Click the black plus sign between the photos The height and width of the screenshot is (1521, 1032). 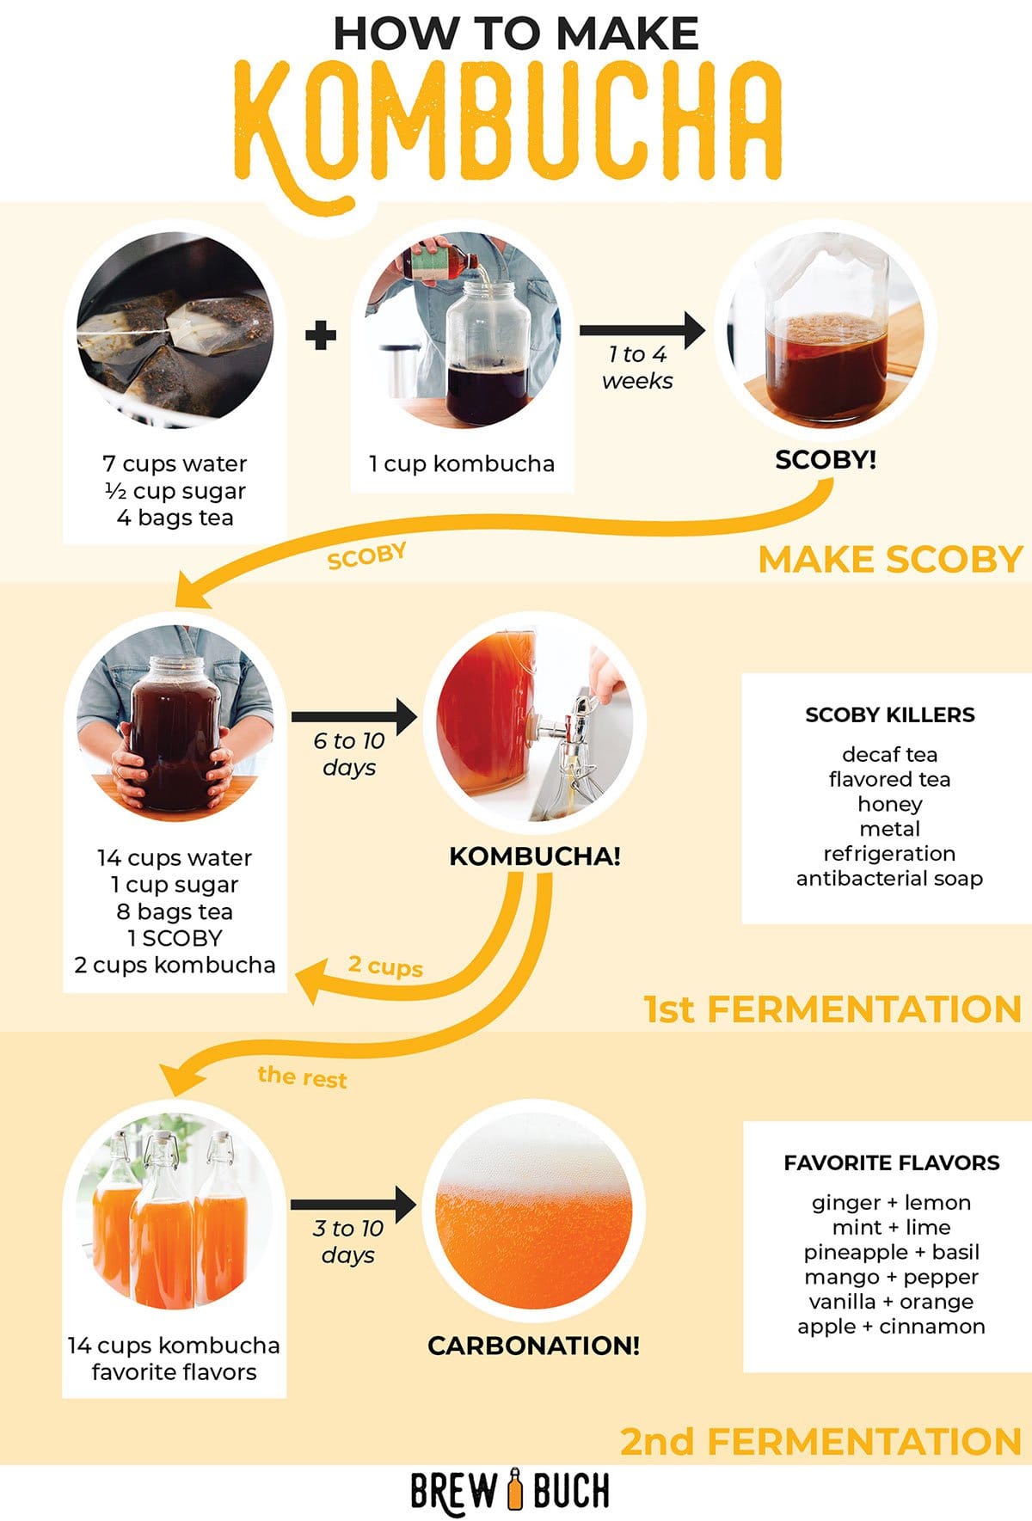coord(321,334)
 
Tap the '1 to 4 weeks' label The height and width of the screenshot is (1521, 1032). coord(637,367)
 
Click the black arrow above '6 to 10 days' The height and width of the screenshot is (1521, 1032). coord(353,715)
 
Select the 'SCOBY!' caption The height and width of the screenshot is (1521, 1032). coord(826,459)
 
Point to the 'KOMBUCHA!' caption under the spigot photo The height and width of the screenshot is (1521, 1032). coord(534,856)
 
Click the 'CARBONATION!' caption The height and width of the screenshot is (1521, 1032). coord(533,1346)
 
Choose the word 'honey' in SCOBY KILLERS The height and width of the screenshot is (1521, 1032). coord(889,804)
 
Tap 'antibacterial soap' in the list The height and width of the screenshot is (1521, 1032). coord(889,879)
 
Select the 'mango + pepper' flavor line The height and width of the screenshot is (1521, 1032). coord(891,1277)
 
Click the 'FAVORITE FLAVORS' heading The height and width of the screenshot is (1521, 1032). coord(891,1163)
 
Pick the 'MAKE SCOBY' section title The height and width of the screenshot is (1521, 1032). coord(889,560)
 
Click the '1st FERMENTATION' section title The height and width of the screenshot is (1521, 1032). coord(832,1009)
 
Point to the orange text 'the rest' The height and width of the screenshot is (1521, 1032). coord(302,1076)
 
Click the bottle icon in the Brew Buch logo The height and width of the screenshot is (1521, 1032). coord(515,1489)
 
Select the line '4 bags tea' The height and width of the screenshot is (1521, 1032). coord(175,518)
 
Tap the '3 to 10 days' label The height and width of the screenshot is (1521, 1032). coord(348,1242)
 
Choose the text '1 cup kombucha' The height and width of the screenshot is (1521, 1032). coord(462,464)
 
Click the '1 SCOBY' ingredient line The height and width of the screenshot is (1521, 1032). coord(175,938)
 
